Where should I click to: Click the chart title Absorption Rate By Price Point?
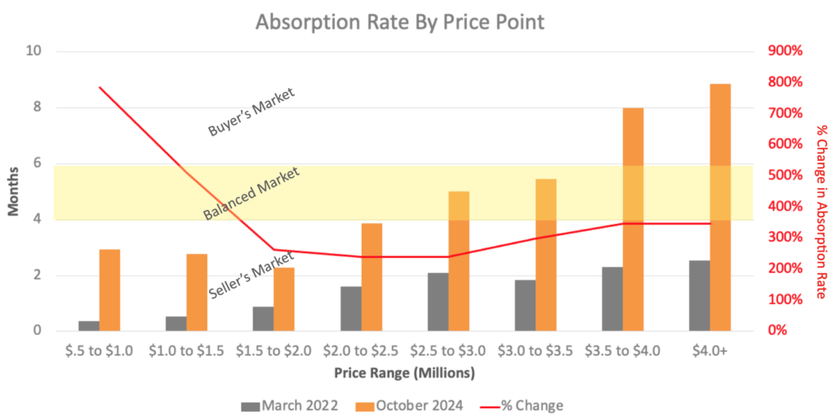click(x=399, y=22)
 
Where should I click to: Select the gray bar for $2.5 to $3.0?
click(x=438, y=301)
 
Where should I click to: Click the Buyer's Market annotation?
click(x=250, y=113)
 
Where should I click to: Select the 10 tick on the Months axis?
click(x=35, y=51)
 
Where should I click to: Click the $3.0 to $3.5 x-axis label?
click(x=536, y=351)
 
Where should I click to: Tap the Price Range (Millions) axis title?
click(x=404, y=372)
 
